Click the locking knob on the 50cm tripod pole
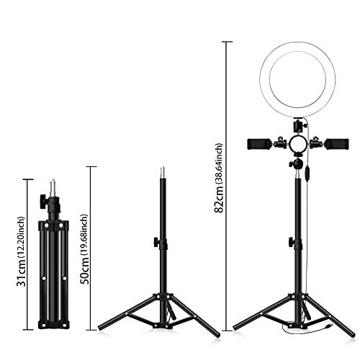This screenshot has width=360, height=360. click(156, 240)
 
